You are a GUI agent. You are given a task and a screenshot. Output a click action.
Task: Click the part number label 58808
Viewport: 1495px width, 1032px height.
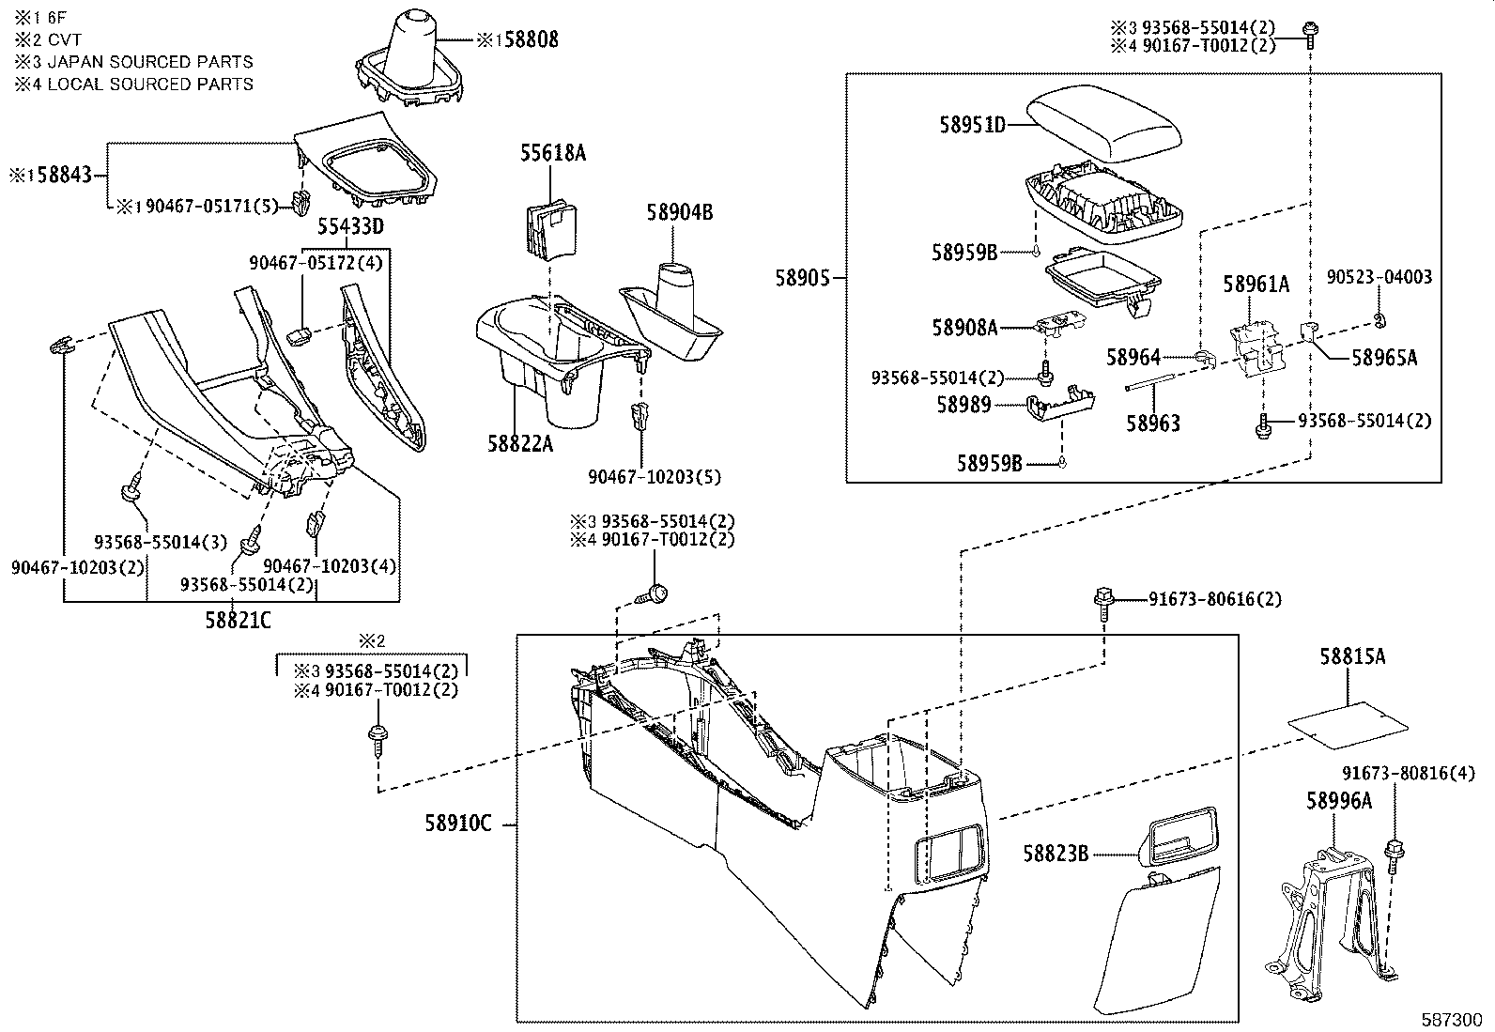tap(527, 39)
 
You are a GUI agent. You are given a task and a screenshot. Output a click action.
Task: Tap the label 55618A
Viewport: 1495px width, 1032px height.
tap(553, 152)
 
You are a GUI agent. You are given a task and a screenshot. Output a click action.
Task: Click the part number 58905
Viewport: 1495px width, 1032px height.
tap(802, 278)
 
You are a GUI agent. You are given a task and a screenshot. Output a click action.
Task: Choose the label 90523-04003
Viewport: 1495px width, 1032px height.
tap(1379, 277)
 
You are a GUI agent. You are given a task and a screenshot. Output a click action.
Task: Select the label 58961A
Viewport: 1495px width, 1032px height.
tap(1256, 283)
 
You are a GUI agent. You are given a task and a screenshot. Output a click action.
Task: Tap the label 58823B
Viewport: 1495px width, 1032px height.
tap(1056, 853)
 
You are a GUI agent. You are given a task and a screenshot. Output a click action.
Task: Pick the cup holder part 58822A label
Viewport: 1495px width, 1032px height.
tap(519, 442)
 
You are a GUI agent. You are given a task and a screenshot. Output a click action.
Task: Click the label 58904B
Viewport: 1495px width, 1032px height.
tap(679, 213)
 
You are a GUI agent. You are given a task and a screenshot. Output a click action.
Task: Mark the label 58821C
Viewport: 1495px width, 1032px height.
tap(238, 621)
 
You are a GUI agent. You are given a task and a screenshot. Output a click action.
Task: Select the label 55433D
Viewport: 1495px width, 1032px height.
tap(349, 226)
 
